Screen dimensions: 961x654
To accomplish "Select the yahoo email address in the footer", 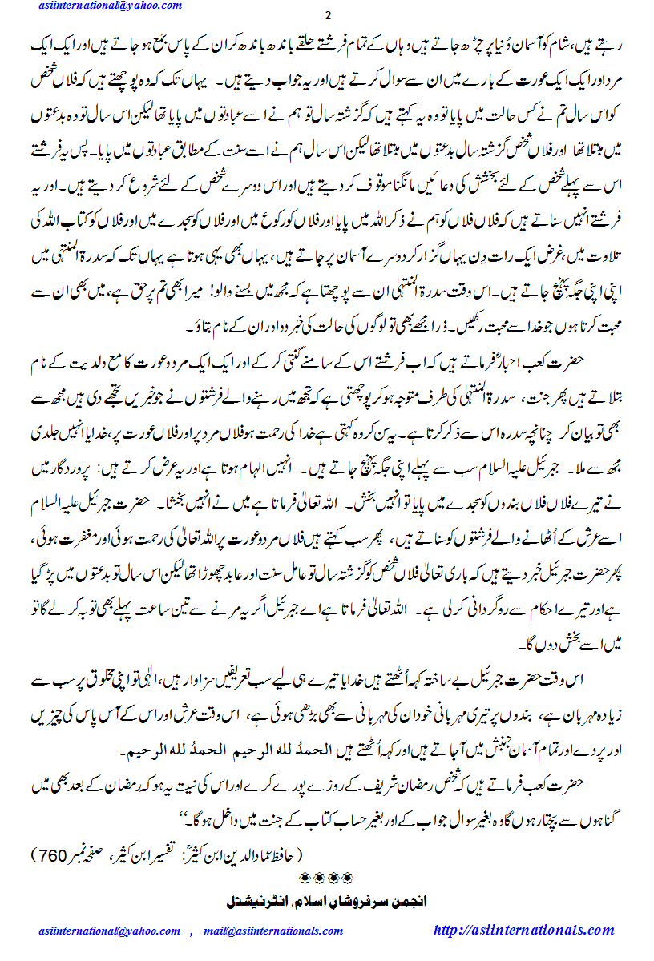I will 110,931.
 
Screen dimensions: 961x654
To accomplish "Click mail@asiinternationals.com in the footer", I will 273,931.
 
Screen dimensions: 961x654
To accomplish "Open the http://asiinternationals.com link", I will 523,930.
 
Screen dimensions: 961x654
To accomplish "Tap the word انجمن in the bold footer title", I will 406,900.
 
